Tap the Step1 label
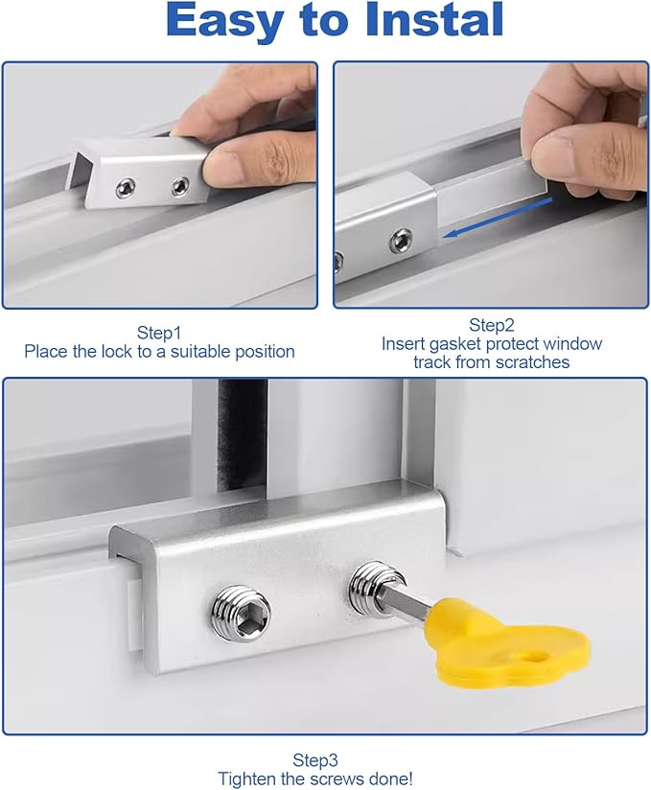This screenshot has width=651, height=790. point(159,333)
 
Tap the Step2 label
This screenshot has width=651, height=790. point(492,325)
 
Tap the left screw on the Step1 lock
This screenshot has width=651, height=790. point(126,190)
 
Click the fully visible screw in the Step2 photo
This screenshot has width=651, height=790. point(396,240)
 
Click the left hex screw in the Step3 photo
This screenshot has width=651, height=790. point(240,609)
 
